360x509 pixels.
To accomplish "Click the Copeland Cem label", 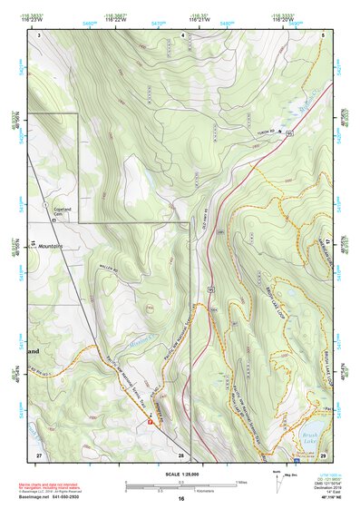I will (61, 209).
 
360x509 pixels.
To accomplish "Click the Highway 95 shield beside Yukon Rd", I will (289, 133).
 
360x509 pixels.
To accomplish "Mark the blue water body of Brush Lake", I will (314, 427).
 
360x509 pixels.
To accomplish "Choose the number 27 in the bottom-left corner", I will (38, 454).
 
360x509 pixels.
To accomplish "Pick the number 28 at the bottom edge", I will (181, 454).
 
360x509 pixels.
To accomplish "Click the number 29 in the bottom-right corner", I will (324, 454).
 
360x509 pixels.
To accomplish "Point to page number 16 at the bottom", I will (181, 497).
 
